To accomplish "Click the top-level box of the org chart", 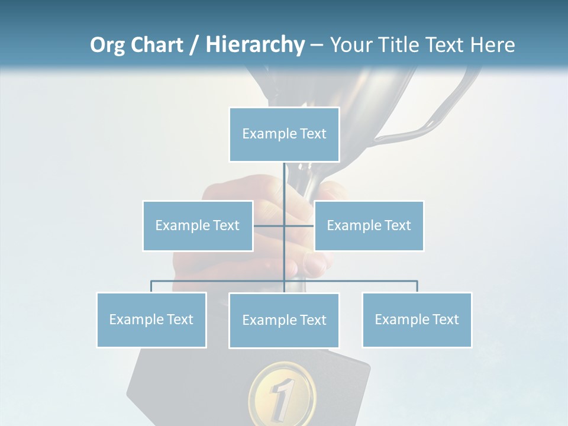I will point(284,134).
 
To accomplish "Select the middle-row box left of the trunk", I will point(198,225).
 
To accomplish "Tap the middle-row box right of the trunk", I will point(369,225).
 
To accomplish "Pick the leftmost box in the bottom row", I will point(151,319).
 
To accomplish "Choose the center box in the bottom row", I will point(284,320).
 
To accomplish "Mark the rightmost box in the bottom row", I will point(417,319).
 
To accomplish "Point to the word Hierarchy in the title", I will point(255,45).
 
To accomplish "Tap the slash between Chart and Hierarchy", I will point(194,45).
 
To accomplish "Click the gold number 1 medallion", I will point(282,393).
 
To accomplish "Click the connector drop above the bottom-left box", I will point(151,286).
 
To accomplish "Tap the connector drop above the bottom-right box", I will point(417,286).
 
